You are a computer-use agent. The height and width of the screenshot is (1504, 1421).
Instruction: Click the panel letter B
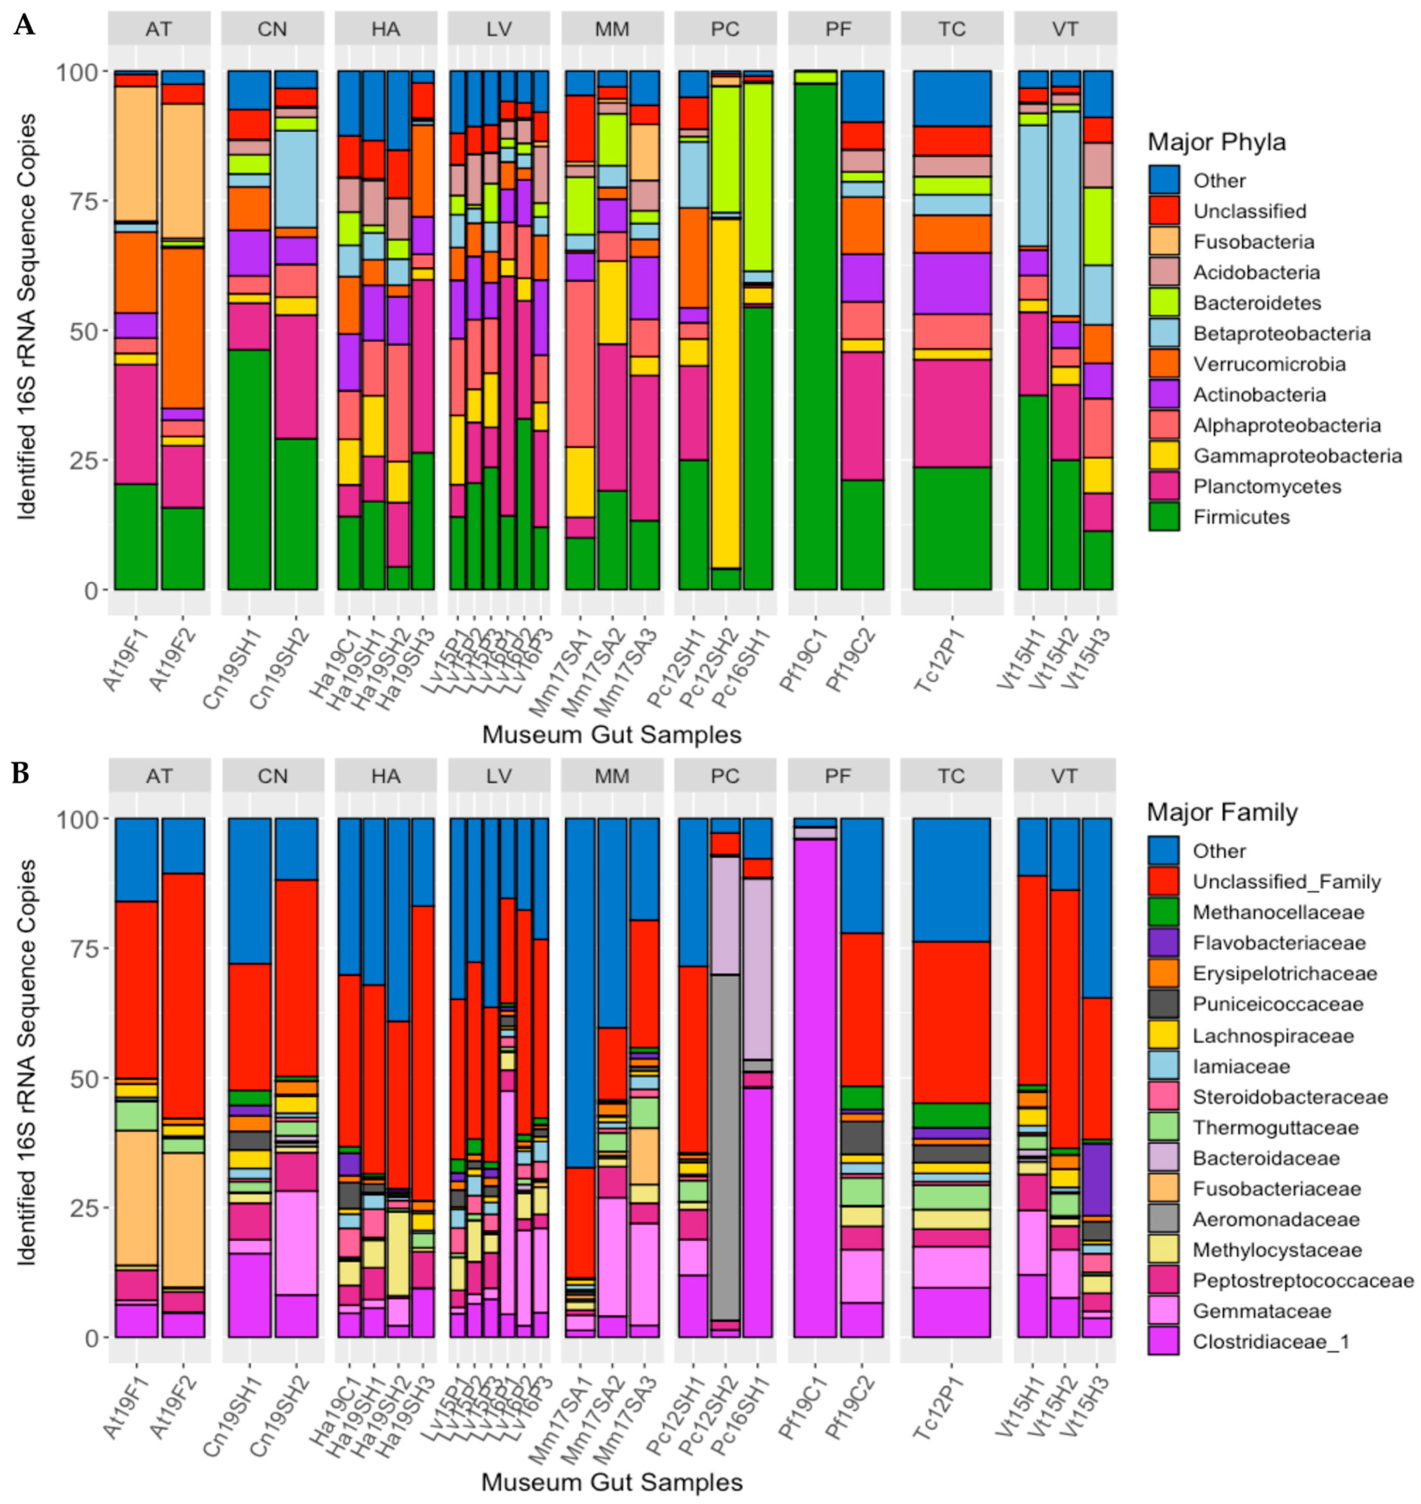21,773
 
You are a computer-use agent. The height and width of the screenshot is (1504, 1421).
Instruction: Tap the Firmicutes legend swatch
1163,517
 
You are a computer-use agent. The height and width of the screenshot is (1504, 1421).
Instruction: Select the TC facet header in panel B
951,776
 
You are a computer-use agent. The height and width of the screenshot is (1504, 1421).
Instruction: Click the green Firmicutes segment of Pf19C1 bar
816,341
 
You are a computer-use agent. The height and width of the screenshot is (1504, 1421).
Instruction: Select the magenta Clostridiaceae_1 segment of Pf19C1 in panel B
816,1098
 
